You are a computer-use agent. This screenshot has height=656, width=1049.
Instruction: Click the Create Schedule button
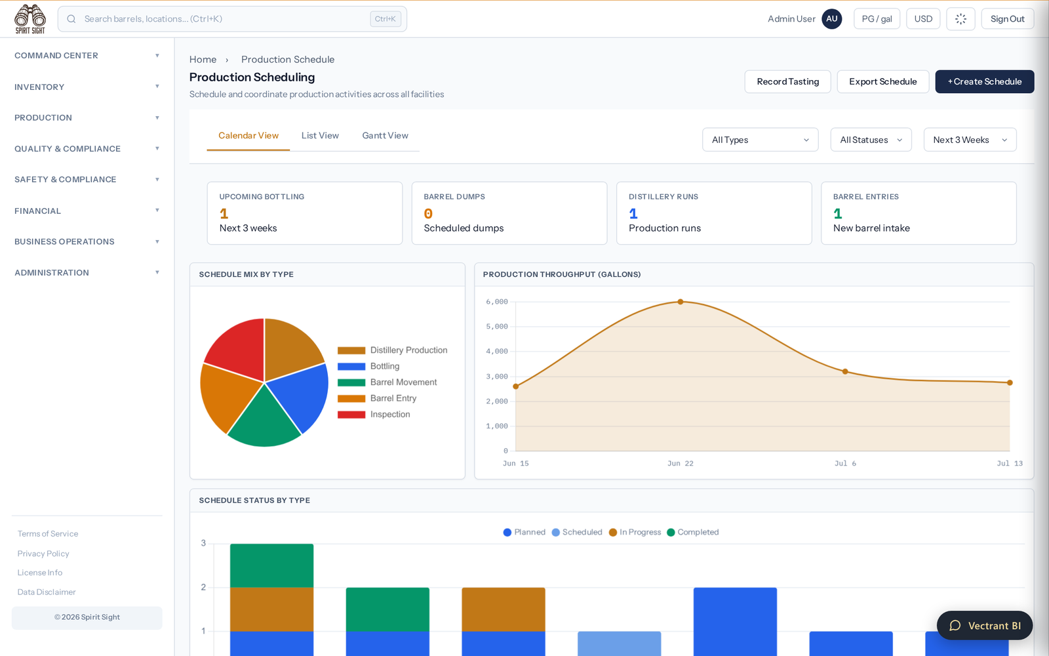coord(984,81)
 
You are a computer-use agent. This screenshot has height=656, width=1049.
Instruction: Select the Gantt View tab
coord(385,135)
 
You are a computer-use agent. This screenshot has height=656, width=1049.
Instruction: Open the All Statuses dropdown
coord(871,140)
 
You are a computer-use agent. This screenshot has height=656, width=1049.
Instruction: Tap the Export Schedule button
coord(882,81)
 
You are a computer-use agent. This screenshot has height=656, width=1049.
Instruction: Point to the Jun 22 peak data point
coord(681,302)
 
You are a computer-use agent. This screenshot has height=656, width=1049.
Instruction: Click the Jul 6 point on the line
coord(845,371)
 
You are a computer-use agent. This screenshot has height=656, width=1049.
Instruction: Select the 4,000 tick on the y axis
coord(497,351)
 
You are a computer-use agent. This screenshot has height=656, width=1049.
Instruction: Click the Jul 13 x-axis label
coord(1009,463)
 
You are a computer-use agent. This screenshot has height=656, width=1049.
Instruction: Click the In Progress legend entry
coord(635,532)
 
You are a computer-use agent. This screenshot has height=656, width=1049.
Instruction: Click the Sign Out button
coord(1007,19)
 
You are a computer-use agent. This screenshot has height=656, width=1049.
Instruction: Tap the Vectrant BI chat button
coord(984,626)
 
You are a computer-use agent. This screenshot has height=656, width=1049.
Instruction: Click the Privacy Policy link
coord(43,554)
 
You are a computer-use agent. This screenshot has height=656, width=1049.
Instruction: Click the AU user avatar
coord(832,19)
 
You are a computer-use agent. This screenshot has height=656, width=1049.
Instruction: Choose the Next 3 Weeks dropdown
coord(970,140)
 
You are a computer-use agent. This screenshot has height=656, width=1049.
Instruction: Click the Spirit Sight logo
coord(30,19)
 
